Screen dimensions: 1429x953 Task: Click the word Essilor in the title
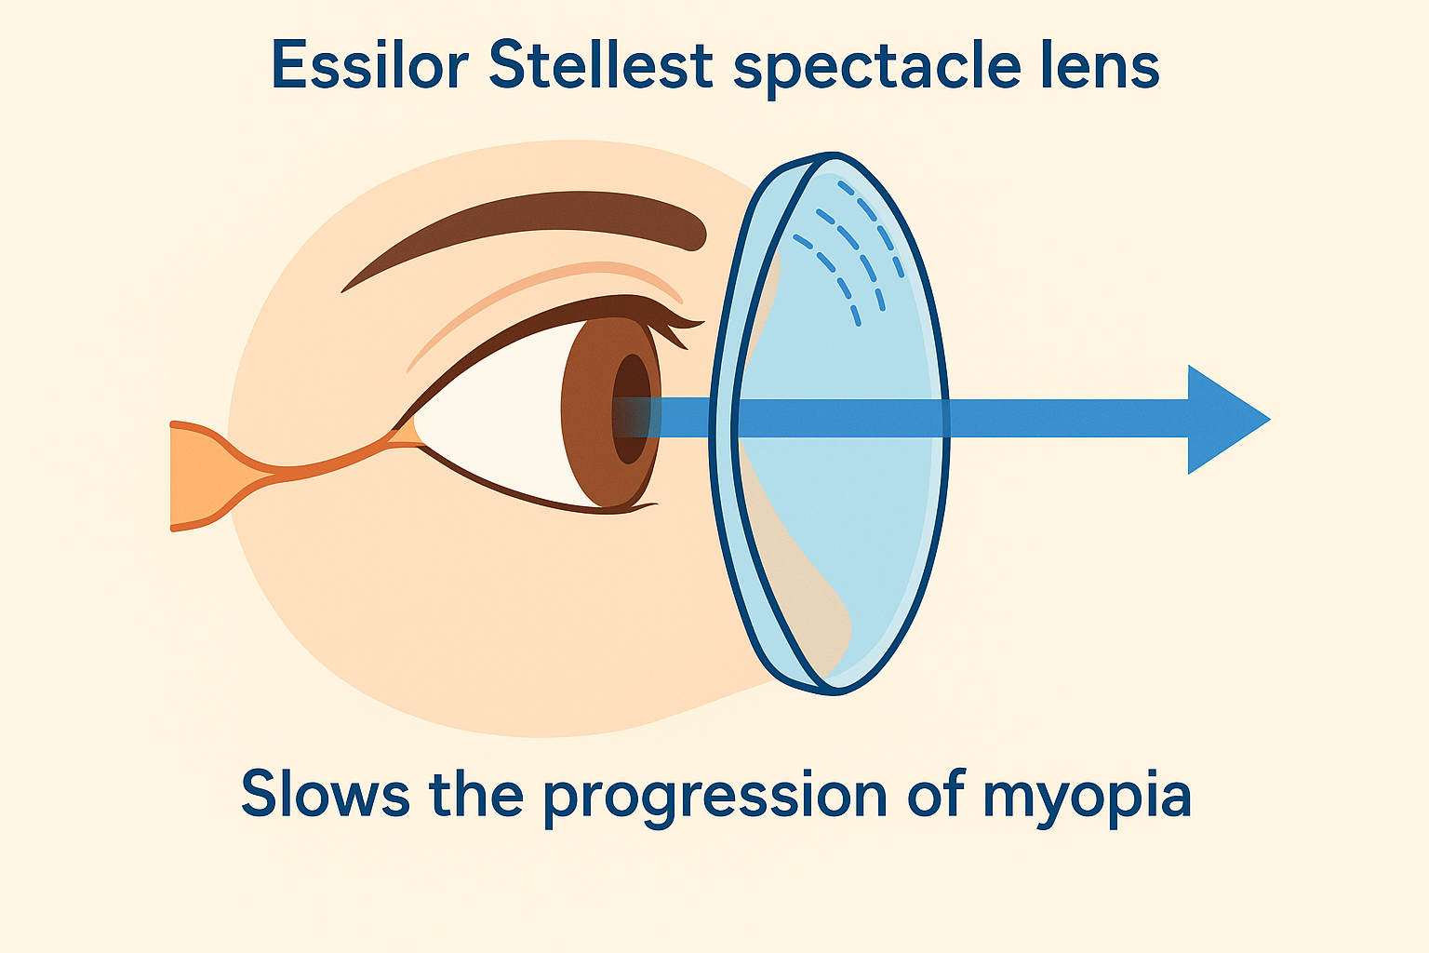(370, 65)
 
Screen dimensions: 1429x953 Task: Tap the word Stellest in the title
(600, 65)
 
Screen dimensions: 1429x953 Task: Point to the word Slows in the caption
(326, 793)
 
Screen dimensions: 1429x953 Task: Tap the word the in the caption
(476, 793)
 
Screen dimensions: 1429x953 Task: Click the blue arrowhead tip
(1270, 420)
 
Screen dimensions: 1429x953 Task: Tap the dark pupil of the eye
(631, 409)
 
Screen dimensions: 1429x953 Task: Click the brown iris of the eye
(587, 415)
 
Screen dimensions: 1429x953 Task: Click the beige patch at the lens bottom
(804, 574)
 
